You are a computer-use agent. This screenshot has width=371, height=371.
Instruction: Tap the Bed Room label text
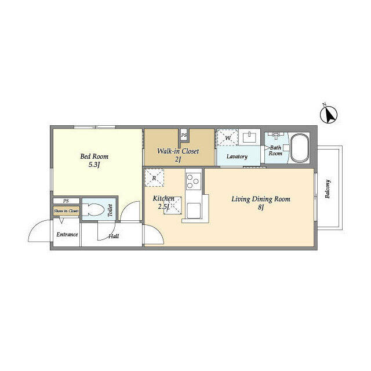[94, 157]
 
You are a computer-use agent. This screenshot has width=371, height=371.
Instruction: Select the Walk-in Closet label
[179, 151]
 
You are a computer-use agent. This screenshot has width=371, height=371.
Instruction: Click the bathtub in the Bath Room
[299, 148]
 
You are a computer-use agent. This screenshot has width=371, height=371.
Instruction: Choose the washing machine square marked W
[227, 138]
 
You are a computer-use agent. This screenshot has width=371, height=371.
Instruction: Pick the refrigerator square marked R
[154, 178]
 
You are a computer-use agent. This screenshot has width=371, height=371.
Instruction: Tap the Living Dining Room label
[261, 199]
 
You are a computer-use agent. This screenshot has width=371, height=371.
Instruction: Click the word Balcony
[328, 190]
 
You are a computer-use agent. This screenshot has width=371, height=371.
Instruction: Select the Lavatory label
[237, 157]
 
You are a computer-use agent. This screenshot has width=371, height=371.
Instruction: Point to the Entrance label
[67, 234]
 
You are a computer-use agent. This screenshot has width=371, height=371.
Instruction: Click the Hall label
[114, 236]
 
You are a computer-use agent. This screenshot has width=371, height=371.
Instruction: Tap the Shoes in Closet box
[66, 211]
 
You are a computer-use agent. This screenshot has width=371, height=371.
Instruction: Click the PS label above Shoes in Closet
[66, 201]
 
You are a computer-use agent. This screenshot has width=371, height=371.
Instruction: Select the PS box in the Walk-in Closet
[184, 135]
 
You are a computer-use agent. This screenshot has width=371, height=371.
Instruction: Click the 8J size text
[261, 208]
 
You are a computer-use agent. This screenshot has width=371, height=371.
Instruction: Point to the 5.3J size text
[94, 165]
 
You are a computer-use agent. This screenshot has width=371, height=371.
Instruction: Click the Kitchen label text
[163, 199]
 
